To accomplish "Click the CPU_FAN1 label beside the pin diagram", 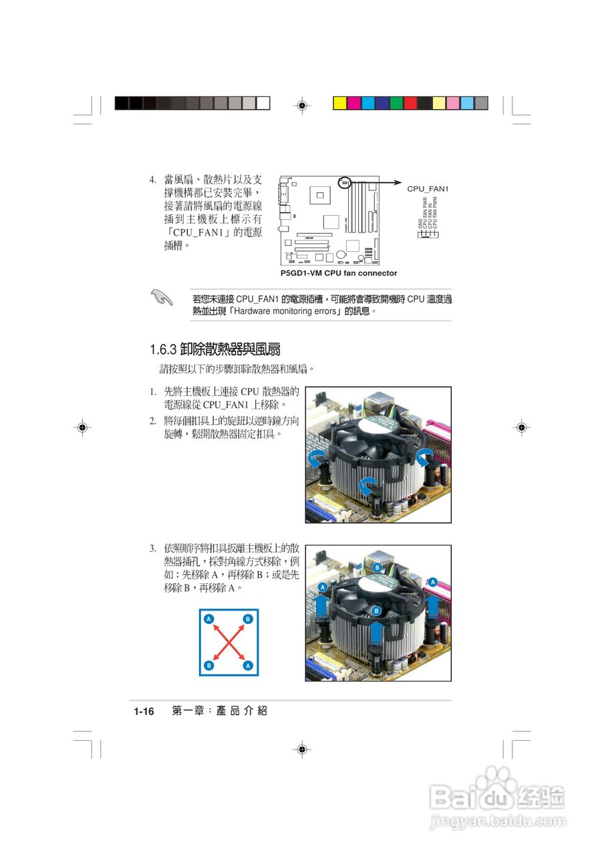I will point(428,190).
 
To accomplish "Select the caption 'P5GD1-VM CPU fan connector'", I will point(339,273).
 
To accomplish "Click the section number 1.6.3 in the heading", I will point(162,349).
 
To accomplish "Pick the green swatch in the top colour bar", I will point(396,103).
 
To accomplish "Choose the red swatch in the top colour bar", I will point(410,103).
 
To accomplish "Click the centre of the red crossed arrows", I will point(229,643).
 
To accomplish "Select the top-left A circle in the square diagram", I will point(209,619).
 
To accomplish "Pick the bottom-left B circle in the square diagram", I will point(209,666).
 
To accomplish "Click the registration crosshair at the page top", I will point(302,106).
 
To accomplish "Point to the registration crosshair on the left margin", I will point(82,428).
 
